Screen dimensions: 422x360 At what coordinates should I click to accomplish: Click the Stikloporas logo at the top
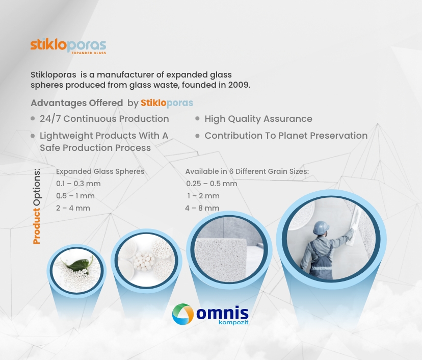68,46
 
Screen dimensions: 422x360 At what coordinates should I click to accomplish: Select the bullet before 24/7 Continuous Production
33,118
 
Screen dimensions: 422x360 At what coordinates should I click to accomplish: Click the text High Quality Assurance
258,119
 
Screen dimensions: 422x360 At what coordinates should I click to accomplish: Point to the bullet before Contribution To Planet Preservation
197,136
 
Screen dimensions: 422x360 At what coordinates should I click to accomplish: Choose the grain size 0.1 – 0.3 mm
78,184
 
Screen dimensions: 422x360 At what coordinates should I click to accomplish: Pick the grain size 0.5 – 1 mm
75,196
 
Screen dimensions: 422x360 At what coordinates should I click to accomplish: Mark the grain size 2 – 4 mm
73,208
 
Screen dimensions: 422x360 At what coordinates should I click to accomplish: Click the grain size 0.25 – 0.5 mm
212,184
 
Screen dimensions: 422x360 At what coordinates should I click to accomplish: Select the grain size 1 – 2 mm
203,196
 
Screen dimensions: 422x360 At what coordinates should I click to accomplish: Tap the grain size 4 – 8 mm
202,208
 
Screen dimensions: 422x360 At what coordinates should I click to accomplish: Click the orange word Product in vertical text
36,226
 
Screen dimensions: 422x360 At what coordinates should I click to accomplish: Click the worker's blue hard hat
321,228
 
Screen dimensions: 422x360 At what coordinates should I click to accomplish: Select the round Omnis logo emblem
183,314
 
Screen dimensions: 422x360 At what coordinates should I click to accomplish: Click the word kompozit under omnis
233,322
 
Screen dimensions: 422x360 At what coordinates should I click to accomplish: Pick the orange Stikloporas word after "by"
167,103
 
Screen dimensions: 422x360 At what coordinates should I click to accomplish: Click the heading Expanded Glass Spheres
100,171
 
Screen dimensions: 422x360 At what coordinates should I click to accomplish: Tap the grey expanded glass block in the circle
221,259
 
